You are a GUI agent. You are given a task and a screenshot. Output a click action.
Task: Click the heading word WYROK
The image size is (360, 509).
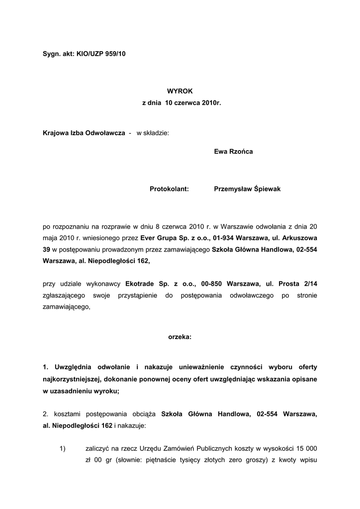tap(180, 90)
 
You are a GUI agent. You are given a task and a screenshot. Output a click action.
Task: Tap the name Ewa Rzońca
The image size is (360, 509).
tap(233, 151)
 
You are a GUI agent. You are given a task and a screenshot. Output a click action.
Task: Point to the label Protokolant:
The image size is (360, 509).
tap(169, 189)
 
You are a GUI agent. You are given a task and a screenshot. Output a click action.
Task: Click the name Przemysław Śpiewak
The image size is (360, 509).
tap(247, 189)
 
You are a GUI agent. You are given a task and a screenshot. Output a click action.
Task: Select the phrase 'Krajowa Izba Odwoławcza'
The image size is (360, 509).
tap(84, 133)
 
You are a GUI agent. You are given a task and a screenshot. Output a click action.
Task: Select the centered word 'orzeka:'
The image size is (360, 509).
tap(180, 337)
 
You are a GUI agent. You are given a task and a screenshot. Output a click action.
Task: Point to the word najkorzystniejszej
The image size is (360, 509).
tap(73, 379)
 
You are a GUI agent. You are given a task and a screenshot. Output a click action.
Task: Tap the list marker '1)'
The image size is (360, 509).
tap(63, 449)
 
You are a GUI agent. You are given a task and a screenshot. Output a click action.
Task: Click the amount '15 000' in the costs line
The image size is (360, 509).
tap(307, 449)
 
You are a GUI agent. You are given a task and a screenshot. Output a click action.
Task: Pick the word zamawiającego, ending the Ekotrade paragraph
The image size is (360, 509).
tap(67, 307)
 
